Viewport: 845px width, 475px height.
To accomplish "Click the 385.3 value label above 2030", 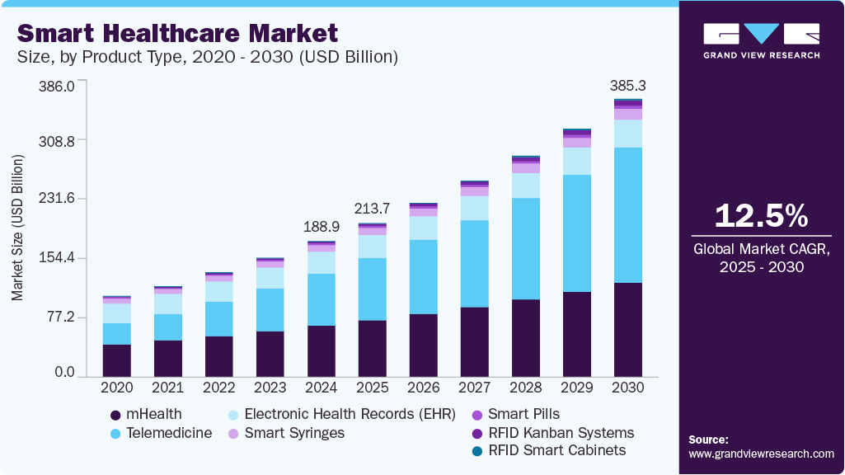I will point(627,85).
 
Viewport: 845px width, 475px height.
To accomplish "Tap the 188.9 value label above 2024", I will point(321,227).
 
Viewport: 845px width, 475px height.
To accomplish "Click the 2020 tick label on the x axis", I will point(116,388).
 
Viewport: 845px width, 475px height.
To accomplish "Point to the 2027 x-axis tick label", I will point(474,388).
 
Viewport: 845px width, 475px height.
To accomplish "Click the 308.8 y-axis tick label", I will point(54,141).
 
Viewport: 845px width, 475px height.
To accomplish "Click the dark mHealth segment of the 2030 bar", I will point(627,329).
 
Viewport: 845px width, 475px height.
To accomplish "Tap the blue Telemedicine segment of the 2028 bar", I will point(525,248).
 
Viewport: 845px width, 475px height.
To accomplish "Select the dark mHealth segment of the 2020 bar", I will point(116,360).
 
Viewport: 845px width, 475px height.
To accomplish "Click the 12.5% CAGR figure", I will point(761,215).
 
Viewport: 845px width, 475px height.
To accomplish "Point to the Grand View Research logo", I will point(761,40).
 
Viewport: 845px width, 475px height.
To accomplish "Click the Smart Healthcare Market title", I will point(177,33).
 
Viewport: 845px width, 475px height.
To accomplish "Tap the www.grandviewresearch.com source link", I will point(761,454).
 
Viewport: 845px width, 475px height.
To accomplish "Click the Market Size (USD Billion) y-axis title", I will point(17,227).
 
